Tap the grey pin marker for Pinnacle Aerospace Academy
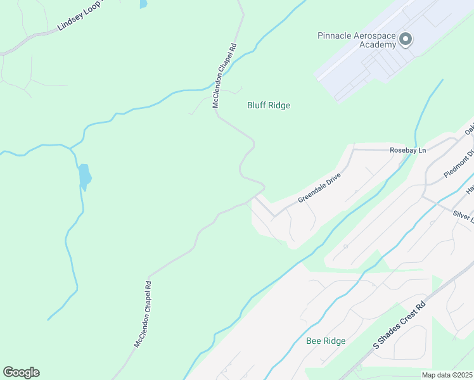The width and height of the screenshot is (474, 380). click(406, 40)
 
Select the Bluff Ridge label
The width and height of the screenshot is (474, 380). click(268, 106)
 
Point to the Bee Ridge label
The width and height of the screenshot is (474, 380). click(326, 341)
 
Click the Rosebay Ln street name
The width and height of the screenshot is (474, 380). click(408, 150)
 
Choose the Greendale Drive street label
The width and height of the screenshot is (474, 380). click(319, 189)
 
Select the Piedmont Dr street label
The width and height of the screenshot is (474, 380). click(459, 164)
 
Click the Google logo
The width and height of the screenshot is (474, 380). click(21, 372)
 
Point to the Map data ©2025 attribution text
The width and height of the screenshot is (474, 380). click(447, 375)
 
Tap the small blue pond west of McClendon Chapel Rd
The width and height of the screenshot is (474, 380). click(84, 177)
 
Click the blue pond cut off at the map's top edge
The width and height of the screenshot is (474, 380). click(143, 3)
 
